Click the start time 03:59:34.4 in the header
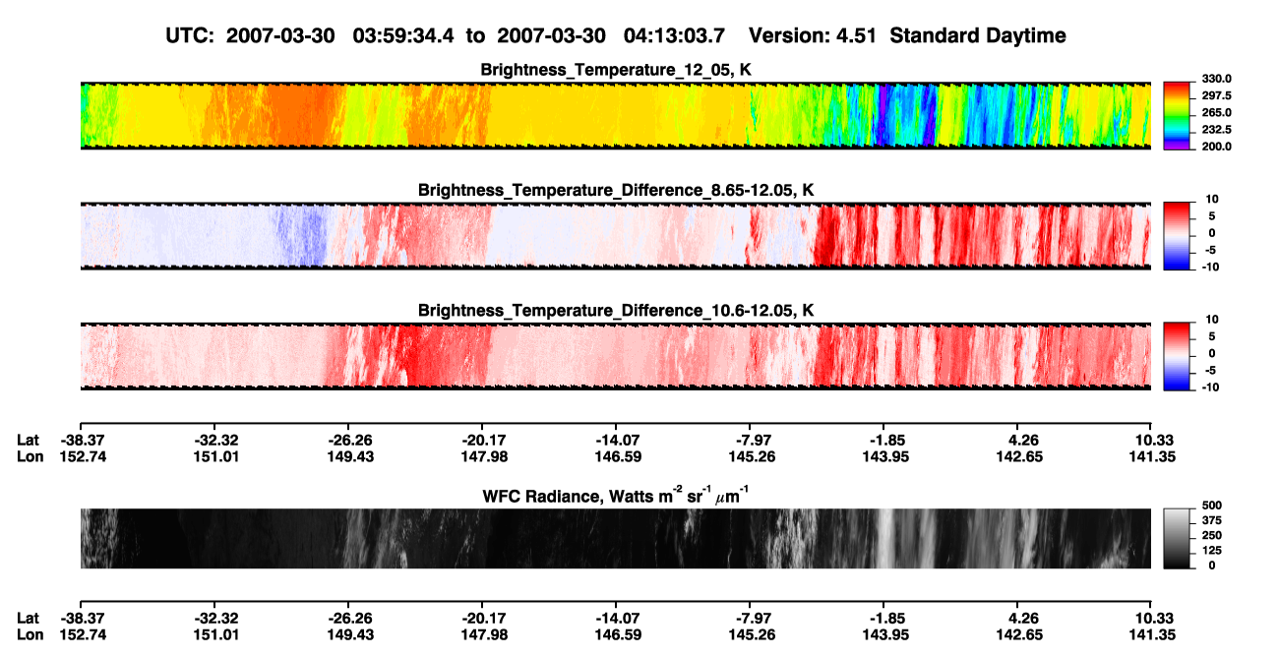point(403,35)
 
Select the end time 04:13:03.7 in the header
point(674,35)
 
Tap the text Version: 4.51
point(812,35)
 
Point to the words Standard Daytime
point(978,35)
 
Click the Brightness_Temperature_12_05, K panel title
point(616,70)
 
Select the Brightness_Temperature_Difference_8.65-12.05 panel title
point(616,190)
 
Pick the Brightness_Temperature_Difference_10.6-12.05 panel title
point(616,310)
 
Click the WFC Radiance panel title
point(616,496)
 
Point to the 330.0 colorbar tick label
point(1216,79)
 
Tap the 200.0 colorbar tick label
point(1216,147)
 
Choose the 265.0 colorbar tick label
point(1216,112)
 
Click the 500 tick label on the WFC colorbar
point(1212,506)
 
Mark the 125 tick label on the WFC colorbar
point(1212,551)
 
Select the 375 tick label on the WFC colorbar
point(1212,520)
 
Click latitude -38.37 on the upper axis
point(83,441)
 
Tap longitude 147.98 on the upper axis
point(484,456)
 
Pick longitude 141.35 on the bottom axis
point(1152,635)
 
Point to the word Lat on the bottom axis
point(28,619)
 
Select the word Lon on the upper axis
point(30,456)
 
